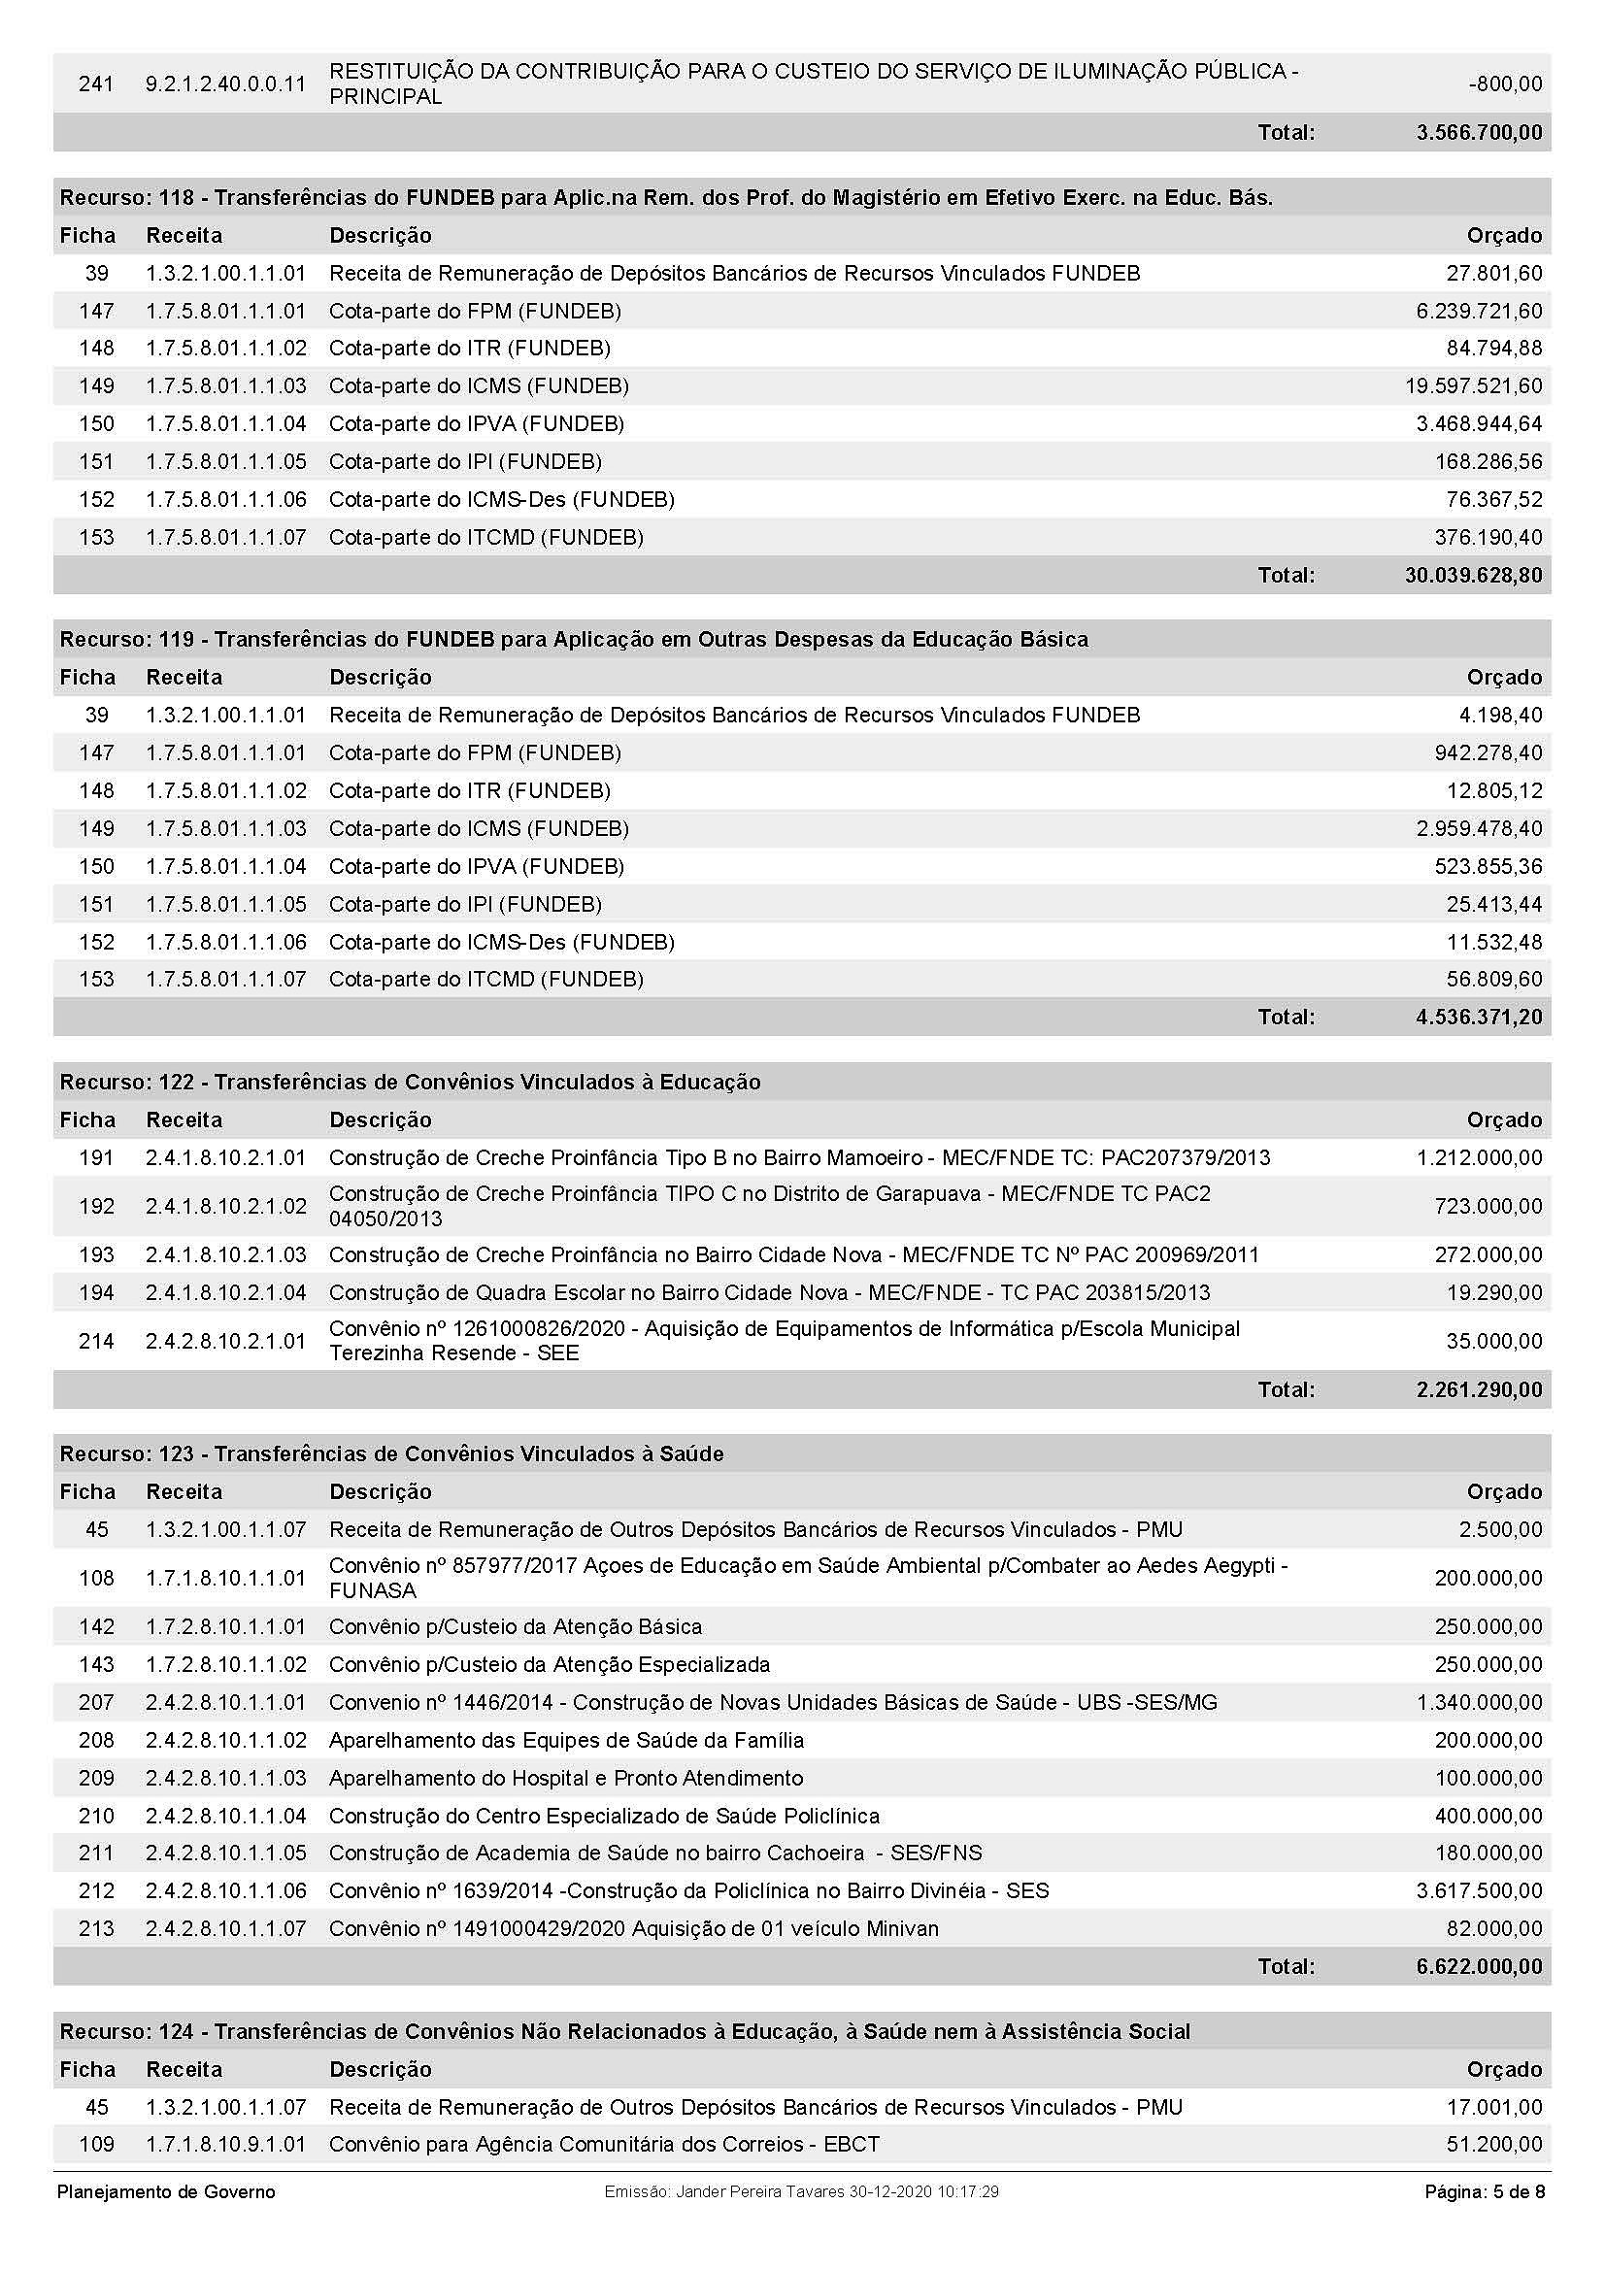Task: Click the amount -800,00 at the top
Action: tap(1505, 84)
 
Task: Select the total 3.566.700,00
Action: tap(1479, 133)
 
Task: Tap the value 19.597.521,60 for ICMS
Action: tap(1474, 385)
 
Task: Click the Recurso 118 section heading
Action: tap(665, 198)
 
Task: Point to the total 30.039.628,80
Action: tap(1474, 575)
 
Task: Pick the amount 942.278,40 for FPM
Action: tap(1488, 753)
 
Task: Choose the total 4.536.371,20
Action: tap(1479, 1017)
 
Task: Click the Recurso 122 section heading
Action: tap(410, 1082)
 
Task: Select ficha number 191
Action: tap(96, 1157)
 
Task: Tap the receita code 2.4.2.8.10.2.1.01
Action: tap(225, 1341)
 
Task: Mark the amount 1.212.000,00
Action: tap(1479, 1157)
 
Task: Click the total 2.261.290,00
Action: tap(1479, 1389)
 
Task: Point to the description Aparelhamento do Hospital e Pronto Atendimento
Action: tap(566, 1778)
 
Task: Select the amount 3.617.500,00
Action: tap(1479, 1890)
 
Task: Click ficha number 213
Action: tap(96, 1928)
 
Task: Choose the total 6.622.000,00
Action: tap(1479, 1965)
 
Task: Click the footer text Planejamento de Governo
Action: tap(166, 2192)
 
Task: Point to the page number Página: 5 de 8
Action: tap(1485, 2192)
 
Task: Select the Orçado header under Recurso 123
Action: tap(1504, 1491)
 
